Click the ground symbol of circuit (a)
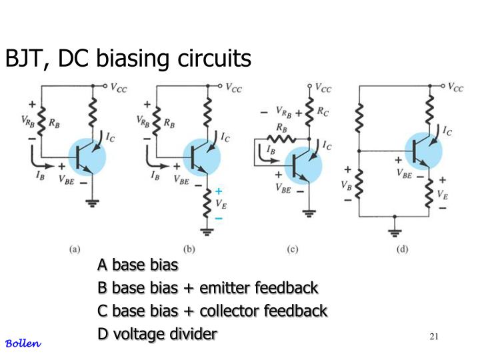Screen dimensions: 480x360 coord(92,203)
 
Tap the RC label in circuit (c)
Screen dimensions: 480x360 coord(323,111)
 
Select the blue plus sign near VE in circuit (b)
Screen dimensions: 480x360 coord(218,191)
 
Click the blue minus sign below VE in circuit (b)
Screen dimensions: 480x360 coord(219,218)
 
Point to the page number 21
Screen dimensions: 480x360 coord(434,336)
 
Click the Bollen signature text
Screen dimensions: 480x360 coord(23,343)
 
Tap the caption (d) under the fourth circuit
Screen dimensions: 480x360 coord(402,249)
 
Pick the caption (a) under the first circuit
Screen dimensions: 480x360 coord(75,249)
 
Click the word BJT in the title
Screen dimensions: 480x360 coord(27,59)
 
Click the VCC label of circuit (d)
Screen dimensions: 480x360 coord(455,87)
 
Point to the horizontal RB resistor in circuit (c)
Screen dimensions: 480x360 coord(281,139)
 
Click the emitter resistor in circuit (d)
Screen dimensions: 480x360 coord(429,193)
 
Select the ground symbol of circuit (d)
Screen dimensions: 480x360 coord(395,233)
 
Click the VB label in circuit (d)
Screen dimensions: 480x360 coord(346,185)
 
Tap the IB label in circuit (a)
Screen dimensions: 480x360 coord(40,175)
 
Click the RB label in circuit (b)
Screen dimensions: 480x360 coord(169,123)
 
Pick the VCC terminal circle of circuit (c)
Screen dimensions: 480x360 coord(309,86)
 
